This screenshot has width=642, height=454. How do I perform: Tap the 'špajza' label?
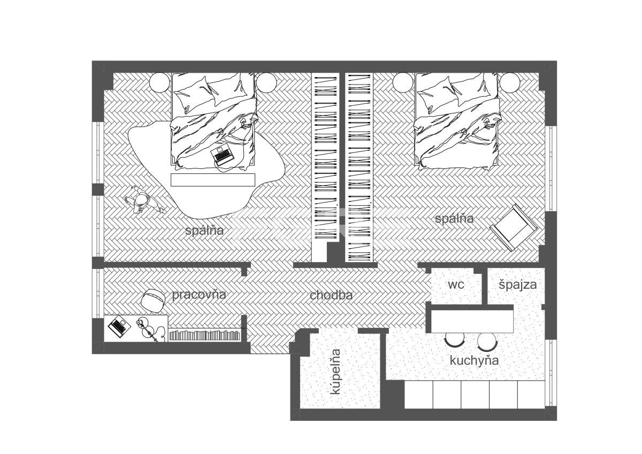[518, 285]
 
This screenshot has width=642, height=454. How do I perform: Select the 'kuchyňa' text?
[474, 360]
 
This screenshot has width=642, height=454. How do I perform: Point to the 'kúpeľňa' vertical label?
[335, 372]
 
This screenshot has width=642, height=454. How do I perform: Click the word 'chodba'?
[331, 295]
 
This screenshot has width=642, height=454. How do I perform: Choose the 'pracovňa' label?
[199, 295]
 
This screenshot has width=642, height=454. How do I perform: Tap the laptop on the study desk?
[119, 326]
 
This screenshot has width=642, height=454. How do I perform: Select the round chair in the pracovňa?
[153, 300]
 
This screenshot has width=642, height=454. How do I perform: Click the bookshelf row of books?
[204, 335]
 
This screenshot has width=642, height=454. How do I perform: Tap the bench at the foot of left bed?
[213, 180]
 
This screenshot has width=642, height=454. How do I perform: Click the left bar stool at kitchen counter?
[455, 340]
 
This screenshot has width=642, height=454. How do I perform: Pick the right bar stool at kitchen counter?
[487, 341]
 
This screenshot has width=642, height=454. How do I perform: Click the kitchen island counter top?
[472, 322]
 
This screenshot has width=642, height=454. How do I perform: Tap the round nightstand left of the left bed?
[160, 82]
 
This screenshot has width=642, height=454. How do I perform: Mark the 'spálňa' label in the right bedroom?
[454, 219]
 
